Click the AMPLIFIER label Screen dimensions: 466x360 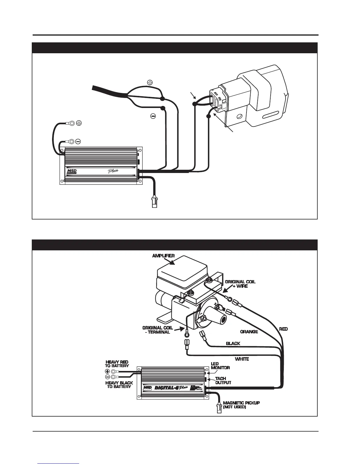tap(163, 256)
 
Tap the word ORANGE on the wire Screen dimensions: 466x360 tap(249, 332)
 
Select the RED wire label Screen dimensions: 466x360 tap(283, 329)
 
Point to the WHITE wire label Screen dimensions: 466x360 tap(242, 359)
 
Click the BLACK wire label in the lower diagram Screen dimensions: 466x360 tap(233, 343)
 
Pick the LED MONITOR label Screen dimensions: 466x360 tap(220, 366)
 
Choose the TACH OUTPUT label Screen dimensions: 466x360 tap(223, 381)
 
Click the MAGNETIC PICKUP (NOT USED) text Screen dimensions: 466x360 tap(241, 405)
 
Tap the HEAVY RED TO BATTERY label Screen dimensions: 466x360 tap(117, 364)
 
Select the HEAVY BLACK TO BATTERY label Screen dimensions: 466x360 tap(119, 385)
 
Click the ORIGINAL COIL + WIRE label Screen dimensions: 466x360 tap(240, 284)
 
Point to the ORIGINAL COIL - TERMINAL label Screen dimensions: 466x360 tap(156, 330)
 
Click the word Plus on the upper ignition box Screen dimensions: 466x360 tap(112, 171)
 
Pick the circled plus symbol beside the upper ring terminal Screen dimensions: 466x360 tap(79, 123)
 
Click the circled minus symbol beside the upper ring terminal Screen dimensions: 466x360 tap(78, 142)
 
